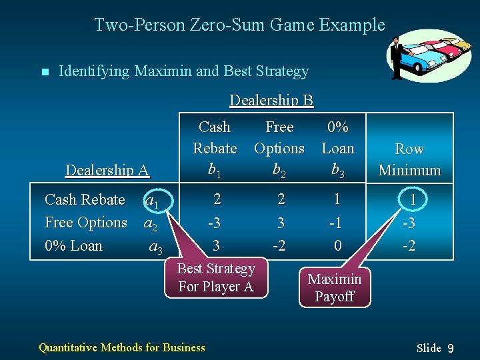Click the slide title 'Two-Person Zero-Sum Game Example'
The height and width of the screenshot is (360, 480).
[x=239, y=25]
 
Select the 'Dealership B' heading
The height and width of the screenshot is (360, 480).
[x=271, y=100]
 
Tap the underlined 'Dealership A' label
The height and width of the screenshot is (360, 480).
[x=107, y=170]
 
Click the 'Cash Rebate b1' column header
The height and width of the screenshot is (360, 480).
[x=215, y=148]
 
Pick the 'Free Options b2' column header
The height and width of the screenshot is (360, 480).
[x=279, y=148]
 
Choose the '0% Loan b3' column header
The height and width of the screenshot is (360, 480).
[x=338, y=148]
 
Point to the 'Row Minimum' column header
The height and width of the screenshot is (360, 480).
[x=409, y=159]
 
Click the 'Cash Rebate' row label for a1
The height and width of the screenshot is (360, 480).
[x=85, y=200]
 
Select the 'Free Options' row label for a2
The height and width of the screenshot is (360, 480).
[x=85, y=223]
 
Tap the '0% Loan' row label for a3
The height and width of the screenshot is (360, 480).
[x=73, y=245]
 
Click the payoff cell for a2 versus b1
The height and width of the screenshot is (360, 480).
[x=215, y=223]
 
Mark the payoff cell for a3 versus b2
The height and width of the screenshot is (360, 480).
[x=280, y=245]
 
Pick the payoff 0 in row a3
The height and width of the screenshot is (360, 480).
[x=338, y=245]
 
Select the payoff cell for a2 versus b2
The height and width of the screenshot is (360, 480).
[x=281, y=223]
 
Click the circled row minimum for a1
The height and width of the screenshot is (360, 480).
[x=413, y=200]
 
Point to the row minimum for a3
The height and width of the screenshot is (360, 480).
[x=409, y=245]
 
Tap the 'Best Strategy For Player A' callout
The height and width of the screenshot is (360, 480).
[x=215, y=277]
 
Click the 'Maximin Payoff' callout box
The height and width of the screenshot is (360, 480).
[x=335, y=288]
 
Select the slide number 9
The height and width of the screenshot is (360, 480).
[x=451, y=348]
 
